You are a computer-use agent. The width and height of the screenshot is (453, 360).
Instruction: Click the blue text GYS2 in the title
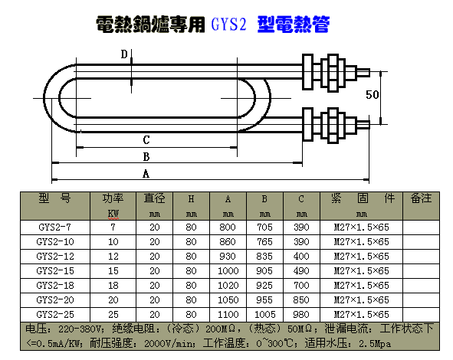click(228, 25)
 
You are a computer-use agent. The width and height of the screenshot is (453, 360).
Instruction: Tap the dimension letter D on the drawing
click(124, 54)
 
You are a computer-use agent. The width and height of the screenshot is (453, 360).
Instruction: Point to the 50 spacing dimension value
click(372, 95)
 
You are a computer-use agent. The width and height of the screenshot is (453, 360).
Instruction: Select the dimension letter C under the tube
click(146, 140)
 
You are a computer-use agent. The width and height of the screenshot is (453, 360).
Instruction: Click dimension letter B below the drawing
click(146, 157)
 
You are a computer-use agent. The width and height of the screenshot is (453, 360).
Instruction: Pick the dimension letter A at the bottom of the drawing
click(146, 174)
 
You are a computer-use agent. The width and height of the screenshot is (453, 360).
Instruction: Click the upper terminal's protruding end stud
click(363, 73)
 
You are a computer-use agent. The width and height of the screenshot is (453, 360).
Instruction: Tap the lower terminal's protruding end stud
click(363, 125)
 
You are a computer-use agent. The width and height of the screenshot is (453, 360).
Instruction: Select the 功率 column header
click(113, 198)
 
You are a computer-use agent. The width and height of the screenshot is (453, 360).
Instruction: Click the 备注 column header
click(421, 198)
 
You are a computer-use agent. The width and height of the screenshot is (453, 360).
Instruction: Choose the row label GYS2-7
click(54, 227)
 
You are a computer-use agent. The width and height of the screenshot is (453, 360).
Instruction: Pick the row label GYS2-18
click(55, 286)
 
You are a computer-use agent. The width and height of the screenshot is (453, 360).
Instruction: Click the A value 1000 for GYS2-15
click(228, 271)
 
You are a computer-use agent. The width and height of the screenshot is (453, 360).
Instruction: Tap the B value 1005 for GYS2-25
click(264, 314)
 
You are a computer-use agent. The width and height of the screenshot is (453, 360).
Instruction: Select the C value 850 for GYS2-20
click(301, 300)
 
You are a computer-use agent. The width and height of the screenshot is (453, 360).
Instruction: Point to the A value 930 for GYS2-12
click(228, 257)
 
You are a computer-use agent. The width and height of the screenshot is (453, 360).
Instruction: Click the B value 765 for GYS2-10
click(264, 241)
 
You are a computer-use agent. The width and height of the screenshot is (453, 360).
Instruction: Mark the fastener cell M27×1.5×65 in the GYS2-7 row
click(362, 227)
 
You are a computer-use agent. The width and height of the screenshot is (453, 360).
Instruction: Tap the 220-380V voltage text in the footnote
click(80, 329)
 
